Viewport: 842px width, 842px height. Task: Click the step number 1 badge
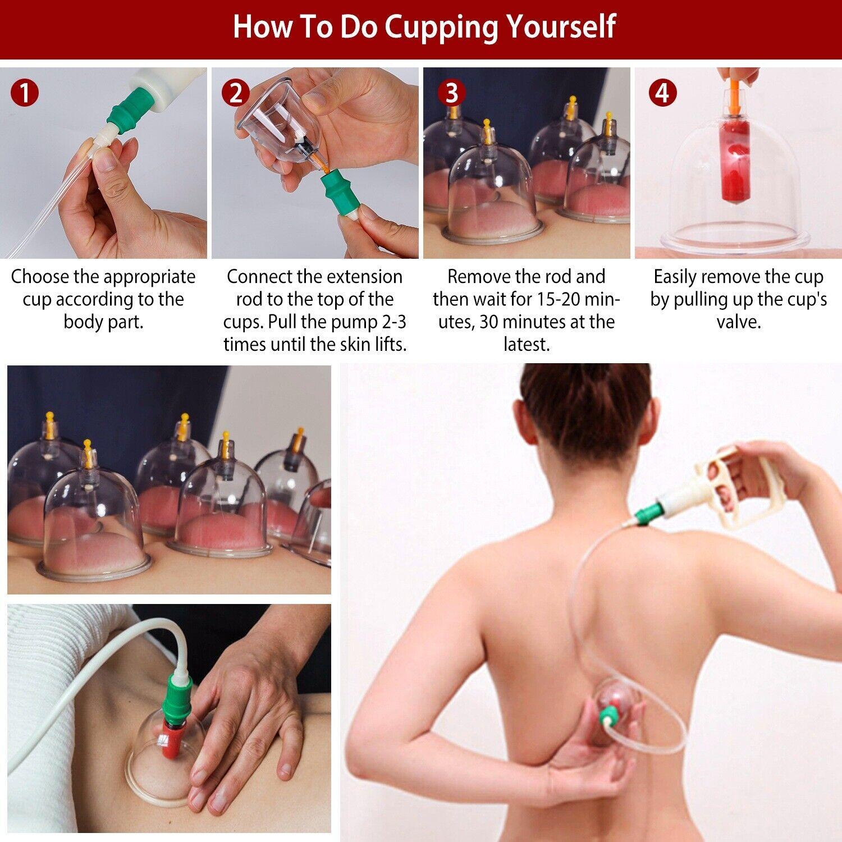(24, 93)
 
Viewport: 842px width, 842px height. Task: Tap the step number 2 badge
(235, 93)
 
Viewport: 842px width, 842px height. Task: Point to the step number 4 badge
(662, 93)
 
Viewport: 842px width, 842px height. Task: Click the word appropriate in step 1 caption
(149, 277)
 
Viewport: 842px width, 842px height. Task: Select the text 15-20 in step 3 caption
(557, 300)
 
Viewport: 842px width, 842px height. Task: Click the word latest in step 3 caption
(526, 345)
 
